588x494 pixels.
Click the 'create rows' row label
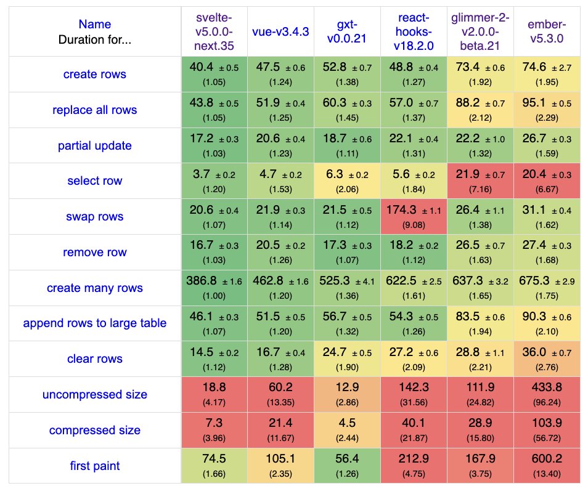tap(94, 75)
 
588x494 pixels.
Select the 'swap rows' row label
tap(94, 217)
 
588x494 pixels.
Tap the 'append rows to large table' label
tap(94, 323)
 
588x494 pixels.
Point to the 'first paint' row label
tap(94, 466)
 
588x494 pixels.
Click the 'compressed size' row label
tap(94, 430)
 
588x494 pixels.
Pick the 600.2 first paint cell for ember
tap(546, 466)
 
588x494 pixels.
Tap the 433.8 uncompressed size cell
tap(546, 394)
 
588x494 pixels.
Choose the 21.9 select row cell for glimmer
tap(480, 181)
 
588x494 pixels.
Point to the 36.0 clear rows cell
tap(546, 359)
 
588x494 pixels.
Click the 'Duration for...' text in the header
tap(94, 41)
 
